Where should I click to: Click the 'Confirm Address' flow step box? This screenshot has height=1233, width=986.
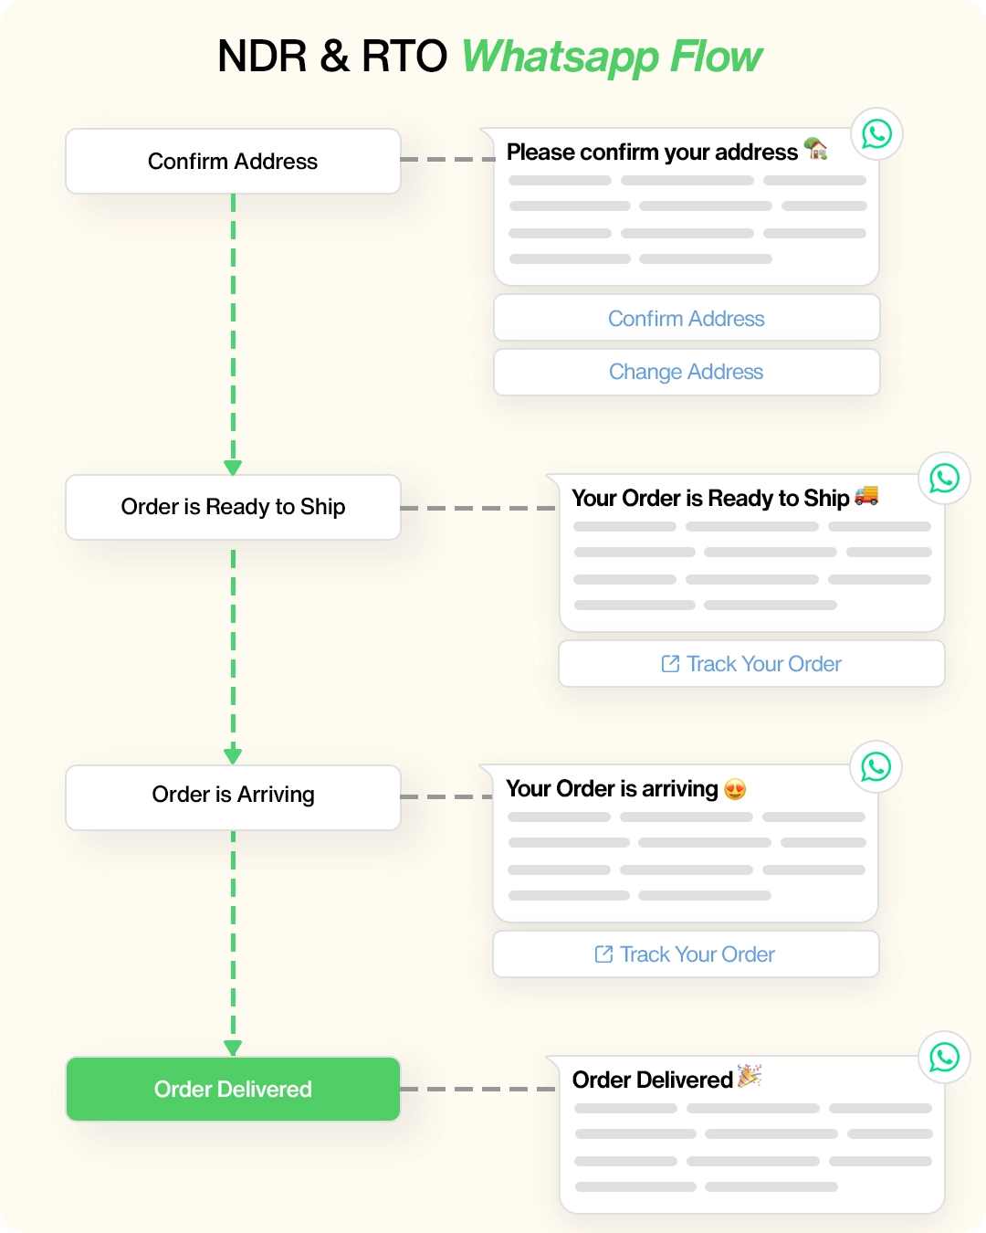(233, 162)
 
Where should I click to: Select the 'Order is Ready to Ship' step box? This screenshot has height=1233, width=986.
(233, 507)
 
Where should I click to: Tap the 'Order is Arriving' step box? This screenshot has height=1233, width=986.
(233, 796)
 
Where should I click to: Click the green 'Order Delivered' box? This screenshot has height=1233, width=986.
(233, 1089)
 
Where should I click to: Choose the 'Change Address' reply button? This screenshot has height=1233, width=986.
(687, 372)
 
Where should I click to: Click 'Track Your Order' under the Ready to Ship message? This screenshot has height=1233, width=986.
(751, 664)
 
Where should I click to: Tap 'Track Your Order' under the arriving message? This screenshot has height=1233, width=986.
(686, 954)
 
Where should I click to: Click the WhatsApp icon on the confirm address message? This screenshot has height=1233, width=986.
(876, 134)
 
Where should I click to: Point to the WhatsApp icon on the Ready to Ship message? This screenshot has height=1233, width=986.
(944, 478)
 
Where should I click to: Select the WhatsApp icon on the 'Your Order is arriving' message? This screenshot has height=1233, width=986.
(876, 767)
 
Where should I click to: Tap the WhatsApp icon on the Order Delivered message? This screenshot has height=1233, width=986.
(944, 1058)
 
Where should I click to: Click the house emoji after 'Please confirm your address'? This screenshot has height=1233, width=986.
(815, 149)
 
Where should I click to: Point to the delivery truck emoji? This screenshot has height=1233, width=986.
(866, 495)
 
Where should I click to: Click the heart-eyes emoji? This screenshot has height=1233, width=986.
(735, 789)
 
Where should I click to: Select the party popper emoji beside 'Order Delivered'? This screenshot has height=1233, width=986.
(750, 1076)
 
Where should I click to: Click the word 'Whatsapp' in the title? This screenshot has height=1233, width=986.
(559, 57)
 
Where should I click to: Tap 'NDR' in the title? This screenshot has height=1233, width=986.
(262, 57)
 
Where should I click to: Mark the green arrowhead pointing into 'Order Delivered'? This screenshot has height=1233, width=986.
(233, 1048)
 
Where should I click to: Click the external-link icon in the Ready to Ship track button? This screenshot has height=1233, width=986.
(670, 664)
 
